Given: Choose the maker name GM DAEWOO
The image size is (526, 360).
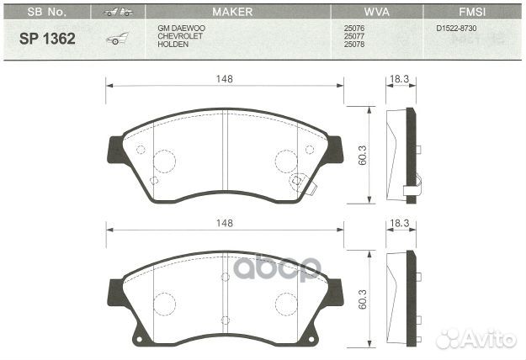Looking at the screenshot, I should [x=181, y=28].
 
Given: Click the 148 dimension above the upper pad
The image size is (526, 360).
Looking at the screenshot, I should [x=224, y=78].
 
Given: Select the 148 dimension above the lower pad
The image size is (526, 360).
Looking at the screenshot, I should [x=224, y=223].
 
